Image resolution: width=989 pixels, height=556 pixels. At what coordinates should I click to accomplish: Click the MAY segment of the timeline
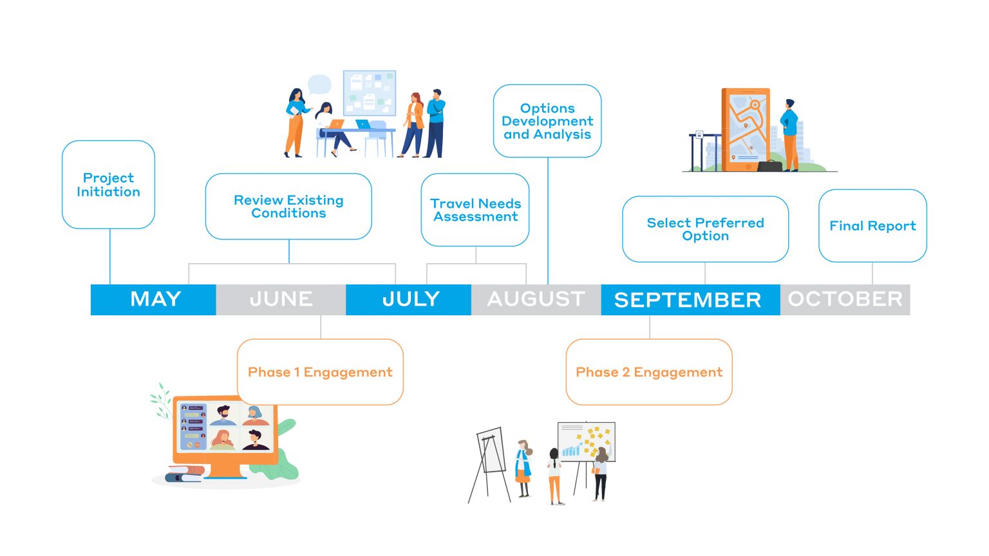153,300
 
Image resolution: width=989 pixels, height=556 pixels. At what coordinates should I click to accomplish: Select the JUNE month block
281,300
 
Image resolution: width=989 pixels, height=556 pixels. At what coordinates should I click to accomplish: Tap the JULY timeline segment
408,300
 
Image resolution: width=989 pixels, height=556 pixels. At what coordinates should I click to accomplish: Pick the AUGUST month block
536,300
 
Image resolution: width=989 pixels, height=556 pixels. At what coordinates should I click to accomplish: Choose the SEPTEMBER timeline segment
690,300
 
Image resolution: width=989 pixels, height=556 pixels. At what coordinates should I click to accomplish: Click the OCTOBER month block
845,300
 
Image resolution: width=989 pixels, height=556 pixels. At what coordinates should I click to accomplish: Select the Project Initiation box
109,185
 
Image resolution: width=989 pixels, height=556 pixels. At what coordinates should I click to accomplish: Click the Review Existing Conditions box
288,207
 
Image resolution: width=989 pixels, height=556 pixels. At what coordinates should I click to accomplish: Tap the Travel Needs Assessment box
475,210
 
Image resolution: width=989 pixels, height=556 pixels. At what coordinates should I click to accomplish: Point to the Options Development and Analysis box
547,121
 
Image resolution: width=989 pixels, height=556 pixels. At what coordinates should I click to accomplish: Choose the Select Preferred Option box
706,229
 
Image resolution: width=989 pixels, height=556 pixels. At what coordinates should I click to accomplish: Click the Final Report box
873,225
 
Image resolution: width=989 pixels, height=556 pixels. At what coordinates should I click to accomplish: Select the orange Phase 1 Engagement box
320,372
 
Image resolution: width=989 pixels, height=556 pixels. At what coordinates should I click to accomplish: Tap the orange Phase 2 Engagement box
649,372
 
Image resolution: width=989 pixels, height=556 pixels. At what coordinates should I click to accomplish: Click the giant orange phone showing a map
746,130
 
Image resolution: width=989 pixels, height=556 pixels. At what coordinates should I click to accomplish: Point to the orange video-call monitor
225,434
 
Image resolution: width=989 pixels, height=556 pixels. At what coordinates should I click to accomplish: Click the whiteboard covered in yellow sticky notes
587,441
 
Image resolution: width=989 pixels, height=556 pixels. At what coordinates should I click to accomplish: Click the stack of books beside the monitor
185,474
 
